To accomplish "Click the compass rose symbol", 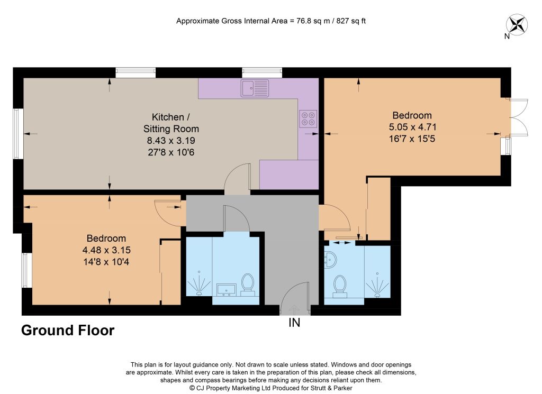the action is (517, 24).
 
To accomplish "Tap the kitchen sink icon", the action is (255, 88).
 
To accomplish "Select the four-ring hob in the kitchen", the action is (308, 119).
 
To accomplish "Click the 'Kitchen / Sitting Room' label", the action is (171, 123).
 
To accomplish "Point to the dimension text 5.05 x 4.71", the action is (412, 127).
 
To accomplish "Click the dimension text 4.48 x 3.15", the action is (106, 250).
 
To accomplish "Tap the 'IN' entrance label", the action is (294, 323).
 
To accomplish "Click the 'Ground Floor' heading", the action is (68, 331).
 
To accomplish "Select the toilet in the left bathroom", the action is (248, 285).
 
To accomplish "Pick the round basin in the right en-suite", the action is (330, 260).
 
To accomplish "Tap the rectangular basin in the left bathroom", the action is (227, 290).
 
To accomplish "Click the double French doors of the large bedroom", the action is (519, 117).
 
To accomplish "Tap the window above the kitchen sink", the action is (263, 73).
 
